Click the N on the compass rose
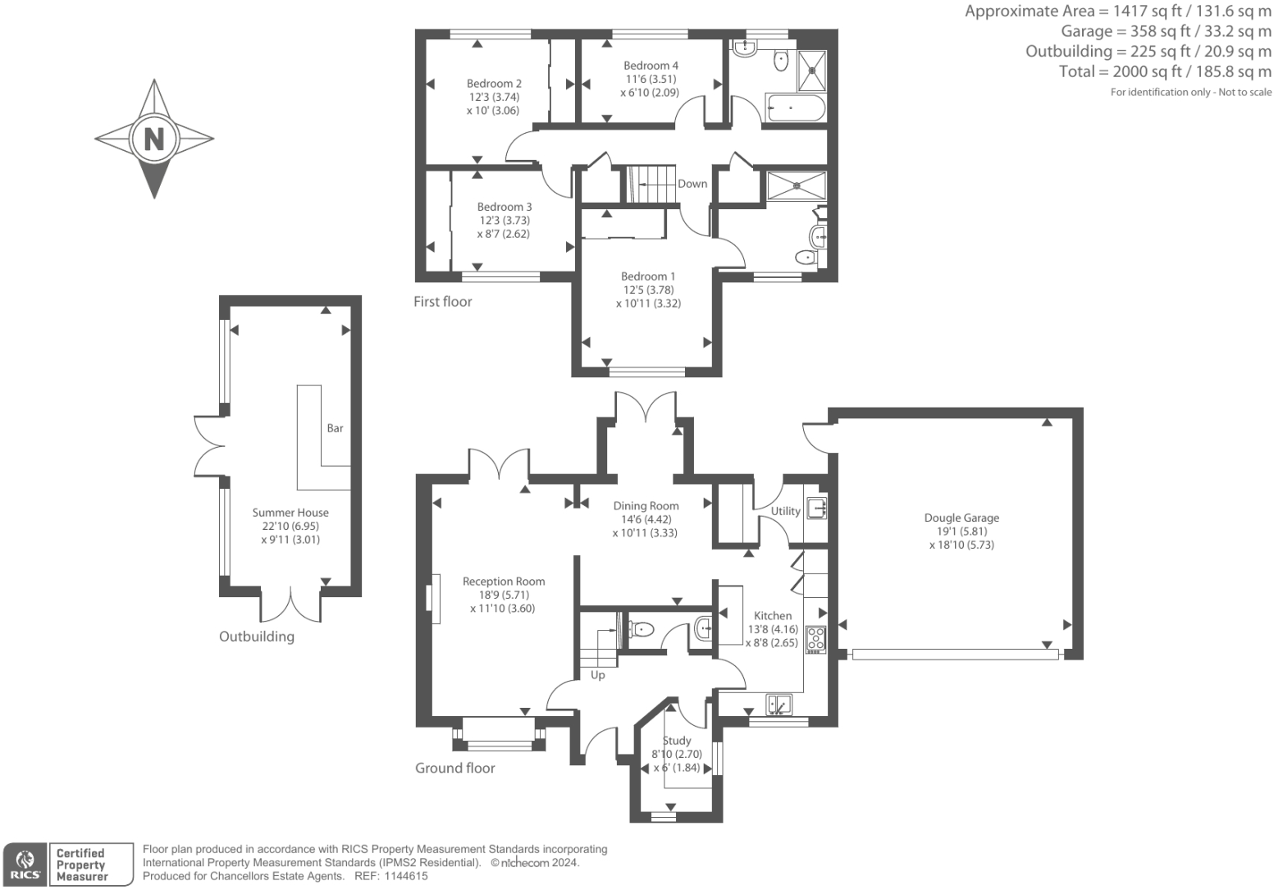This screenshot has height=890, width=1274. coord(154,138)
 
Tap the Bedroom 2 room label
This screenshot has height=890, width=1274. coord(494,84)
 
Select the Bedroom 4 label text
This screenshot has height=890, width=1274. coord(651,66)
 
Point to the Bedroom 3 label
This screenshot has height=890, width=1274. coord(505,207)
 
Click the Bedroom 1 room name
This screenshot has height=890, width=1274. coord(648,276)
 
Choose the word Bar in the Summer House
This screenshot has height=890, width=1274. coord(335,428)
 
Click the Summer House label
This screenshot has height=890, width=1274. coord(290,513)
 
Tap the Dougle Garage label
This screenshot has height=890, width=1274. coord(961,518)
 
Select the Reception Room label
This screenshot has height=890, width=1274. coord(504,582)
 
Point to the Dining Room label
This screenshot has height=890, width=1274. coord(646,506)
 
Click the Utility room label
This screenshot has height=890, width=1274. coord(785,511)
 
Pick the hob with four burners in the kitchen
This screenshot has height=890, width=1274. coord(815,639)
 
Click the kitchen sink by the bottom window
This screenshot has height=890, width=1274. coord(779,704)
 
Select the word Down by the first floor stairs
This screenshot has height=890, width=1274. coord(692,184)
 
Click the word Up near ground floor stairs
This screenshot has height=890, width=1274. coord(598,675)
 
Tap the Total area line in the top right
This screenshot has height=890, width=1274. coord(1165,71)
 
